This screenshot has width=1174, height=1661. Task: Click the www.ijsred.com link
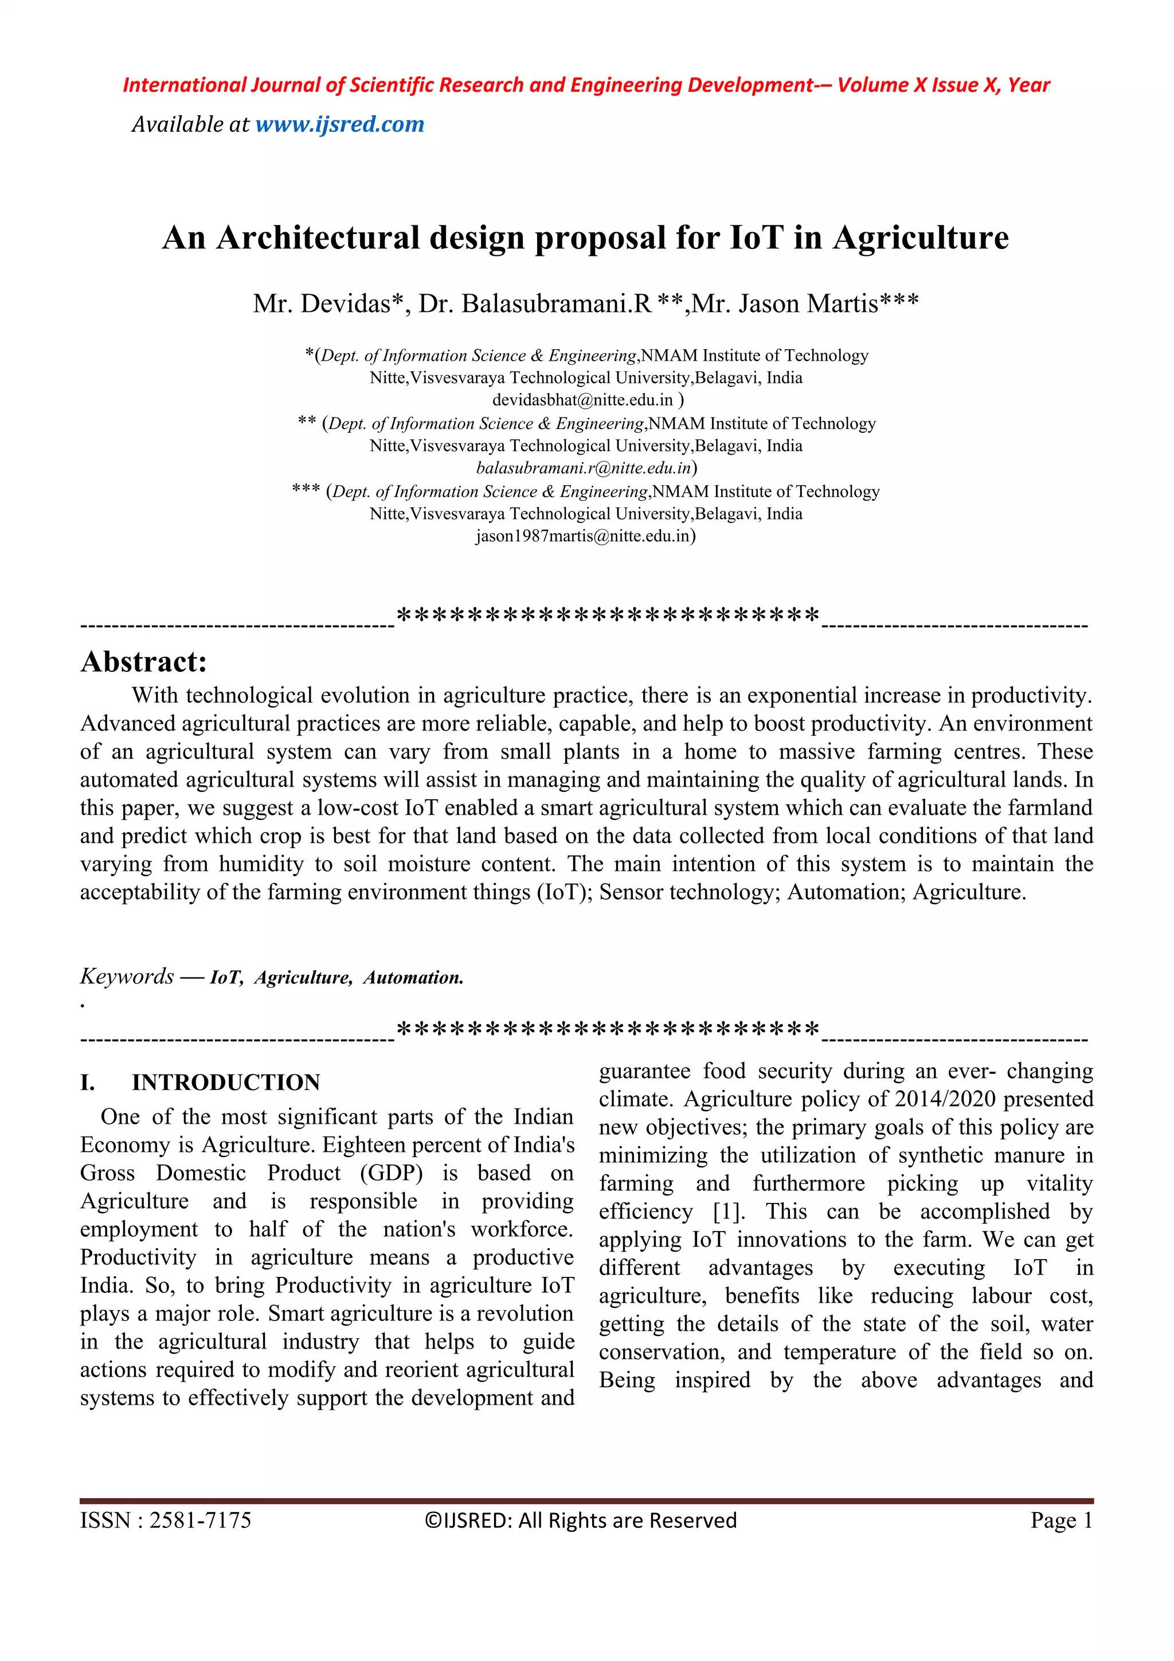(339, 124)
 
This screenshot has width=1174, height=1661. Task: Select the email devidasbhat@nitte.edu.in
(582, 400)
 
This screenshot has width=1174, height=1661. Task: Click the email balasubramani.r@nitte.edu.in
(583, 468)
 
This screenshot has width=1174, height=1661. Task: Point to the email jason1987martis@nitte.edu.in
(582, 536)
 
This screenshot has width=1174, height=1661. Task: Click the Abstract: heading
(144, 661)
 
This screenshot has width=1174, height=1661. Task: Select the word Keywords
(127, 976)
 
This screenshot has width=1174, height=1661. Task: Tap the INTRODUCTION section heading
(226, 1082)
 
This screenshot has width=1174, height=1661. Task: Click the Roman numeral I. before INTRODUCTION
(88, 1082)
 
